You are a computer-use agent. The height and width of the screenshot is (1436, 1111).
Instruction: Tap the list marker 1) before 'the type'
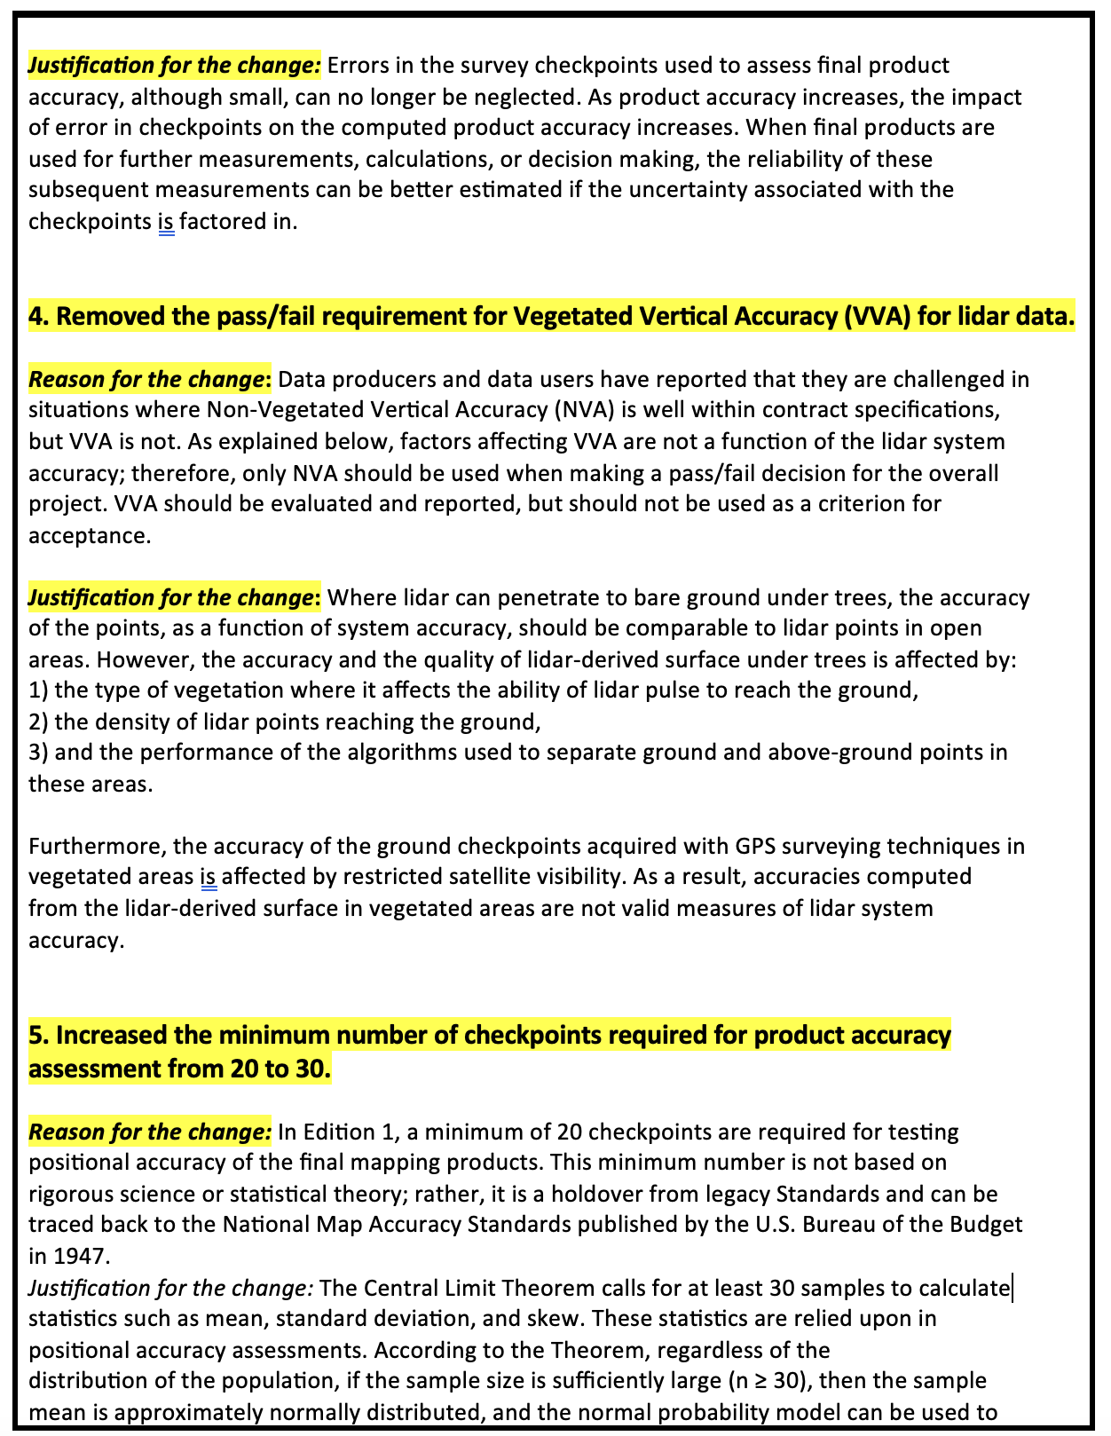[x=39, y=690]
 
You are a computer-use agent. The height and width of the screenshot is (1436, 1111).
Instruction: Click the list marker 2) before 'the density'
[x=39, y=722]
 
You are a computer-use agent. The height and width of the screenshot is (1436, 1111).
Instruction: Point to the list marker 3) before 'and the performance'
[x=39, y=753]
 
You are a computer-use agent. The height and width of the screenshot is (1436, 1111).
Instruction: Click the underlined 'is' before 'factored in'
[x=166, y=221]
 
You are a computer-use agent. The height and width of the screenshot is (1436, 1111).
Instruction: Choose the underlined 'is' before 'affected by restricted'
[x=209, y=877]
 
